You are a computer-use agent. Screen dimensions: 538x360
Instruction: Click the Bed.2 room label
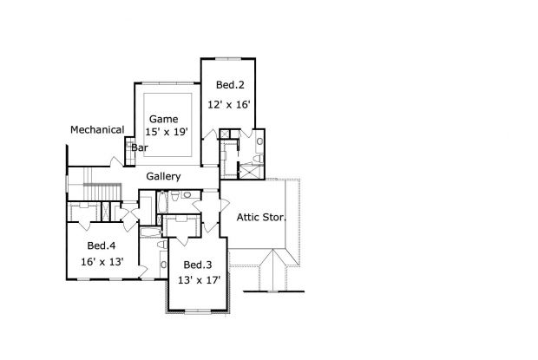(x=230, y=85)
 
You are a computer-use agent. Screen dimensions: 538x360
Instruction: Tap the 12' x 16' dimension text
(x=229, y=104)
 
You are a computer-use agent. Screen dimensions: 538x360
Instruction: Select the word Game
(x=164, y=119)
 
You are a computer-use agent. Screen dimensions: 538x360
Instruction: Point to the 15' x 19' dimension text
(x=167, y=132)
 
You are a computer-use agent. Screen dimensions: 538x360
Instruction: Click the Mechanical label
(x=97, y=129)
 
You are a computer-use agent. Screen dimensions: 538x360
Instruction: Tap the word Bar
(x=140, y=147)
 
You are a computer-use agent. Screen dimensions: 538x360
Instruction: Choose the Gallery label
(x=163, y=176)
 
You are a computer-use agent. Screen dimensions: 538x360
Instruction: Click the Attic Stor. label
(x=261, y=217)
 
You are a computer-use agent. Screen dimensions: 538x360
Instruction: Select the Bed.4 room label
(x=102, y=245)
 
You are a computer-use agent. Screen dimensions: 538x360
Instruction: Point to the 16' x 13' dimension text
(x=102, y=262)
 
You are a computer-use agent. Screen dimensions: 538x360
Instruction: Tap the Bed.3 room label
(x=198, y=265)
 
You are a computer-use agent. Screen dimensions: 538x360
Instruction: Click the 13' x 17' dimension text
(x=199, y=280)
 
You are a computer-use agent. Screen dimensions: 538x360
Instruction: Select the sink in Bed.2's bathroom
(x=259, y=141)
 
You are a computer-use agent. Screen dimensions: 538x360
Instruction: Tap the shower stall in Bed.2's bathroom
(x=251, y=171)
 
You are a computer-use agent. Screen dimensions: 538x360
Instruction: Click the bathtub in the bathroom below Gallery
(x=162, y=202)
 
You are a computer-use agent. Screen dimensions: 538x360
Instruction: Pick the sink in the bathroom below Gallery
(x=187, y=194)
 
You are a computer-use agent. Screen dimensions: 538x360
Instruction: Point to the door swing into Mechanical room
(x=116, y=162)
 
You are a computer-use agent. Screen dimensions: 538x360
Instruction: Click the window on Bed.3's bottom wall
(x=198, y=311)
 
